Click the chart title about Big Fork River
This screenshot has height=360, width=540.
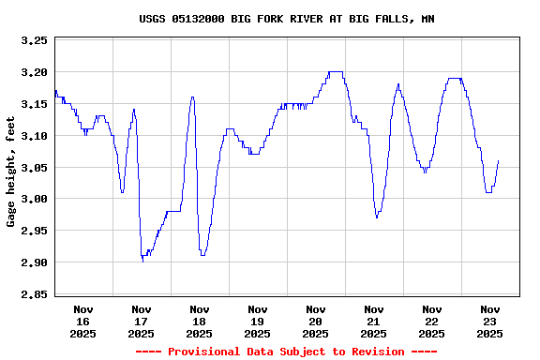pyautogui.click(x=286, y=19)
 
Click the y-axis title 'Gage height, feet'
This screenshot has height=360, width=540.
pyautogui.click(x=11, y=178)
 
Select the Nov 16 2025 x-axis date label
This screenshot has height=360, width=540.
pyautogui.click(x=83, y=321)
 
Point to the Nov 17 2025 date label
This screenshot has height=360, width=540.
pyautogui.click(x=142, y=321)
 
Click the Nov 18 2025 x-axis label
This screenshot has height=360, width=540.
pyautogui.click(x=200, y=321)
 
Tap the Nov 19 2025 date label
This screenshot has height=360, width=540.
pyautogui.click(x=258, y=321)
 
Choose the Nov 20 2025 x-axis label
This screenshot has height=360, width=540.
pyautogui.click(x=316, y=321)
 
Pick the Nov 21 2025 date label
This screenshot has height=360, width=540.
pyautogui.click(x=374, y=321)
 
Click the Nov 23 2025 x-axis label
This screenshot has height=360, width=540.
pyautogui.click(x=490, y=321)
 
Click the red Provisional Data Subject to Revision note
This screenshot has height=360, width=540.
pyautogui.click(x=286, y=352)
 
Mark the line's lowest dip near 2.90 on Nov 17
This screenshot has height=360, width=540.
pyautogui.click(x=142, y=261)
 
